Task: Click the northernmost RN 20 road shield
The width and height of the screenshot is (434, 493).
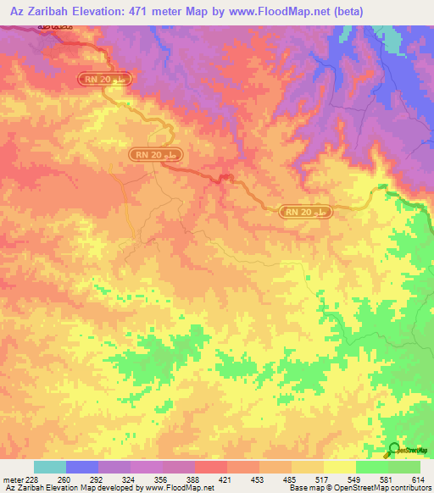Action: [x=107, y=79]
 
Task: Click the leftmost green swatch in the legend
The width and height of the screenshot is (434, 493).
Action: [x=372, y=466]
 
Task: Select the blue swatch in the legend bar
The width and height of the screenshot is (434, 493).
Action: [x=82, y=466]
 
